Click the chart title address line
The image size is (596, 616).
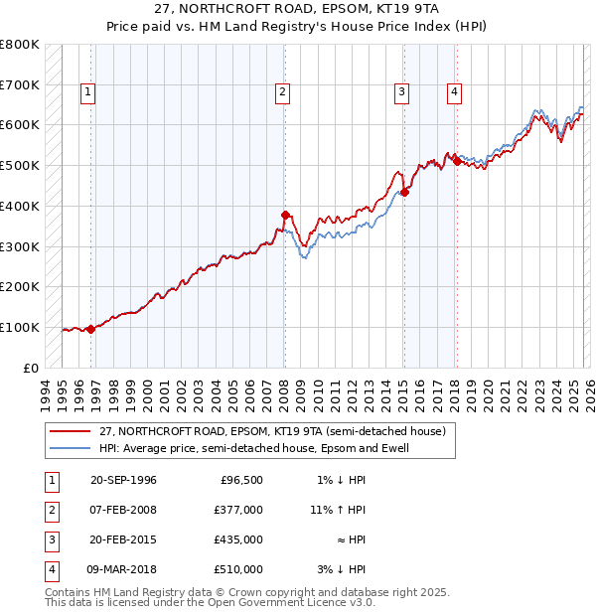(298, 9)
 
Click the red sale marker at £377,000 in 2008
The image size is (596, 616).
(285, 215)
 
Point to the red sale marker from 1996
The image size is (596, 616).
(91, 329)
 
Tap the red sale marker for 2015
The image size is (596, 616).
(404, 192)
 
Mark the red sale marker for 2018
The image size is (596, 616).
(457, 161)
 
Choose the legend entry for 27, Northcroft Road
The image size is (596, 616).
(272, 431)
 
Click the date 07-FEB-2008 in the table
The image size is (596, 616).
(123, 510)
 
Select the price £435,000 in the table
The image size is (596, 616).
(237, 539)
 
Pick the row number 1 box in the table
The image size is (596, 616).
(51, 480)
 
